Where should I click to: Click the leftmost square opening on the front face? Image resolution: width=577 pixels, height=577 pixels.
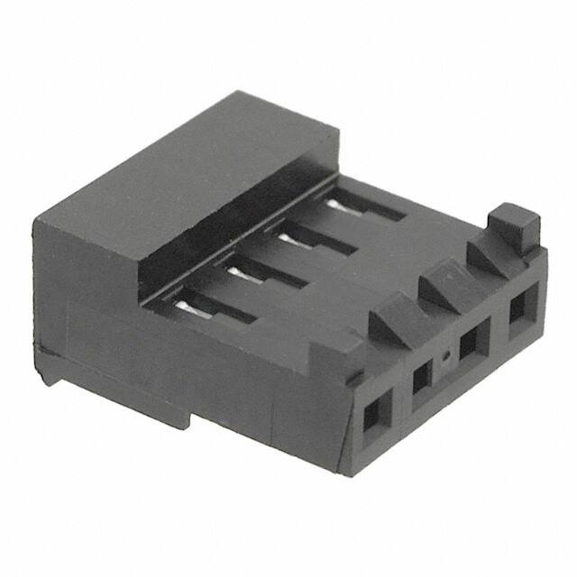371,416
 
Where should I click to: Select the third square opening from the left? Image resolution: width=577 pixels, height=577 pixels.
469,347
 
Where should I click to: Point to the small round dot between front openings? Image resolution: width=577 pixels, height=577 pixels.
444,358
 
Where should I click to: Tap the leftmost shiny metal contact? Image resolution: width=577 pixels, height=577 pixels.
186,307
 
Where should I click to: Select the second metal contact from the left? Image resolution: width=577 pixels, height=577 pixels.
234,270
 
